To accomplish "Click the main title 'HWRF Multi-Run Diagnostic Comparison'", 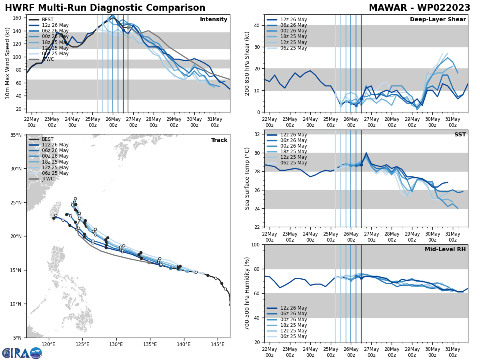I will [105, 8].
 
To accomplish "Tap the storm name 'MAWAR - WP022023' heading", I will [419, 8].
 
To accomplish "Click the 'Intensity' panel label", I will [213, 20].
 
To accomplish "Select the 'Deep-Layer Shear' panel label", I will [438, 20].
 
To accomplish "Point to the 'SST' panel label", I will [460, 135].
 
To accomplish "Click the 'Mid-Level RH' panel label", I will [445, 250].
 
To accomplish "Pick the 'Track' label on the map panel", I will [219, 140].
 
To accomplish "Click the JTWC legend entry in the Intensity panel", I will [48, 59].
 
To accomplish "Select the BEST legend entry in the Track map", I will [48, 139].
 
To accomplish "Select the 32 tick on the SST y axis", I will [258, 134].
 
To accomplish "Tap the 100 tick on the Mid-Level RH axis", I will [257, 244].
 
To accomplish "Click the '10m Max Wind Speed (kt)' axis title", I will [8, 63].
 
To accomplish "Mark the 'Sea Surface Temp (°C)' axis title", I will [248, 178].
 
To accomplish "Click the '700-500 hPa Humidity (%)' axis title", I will [248, 293].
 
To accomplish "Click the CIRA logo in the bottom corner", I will [22, 353].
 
